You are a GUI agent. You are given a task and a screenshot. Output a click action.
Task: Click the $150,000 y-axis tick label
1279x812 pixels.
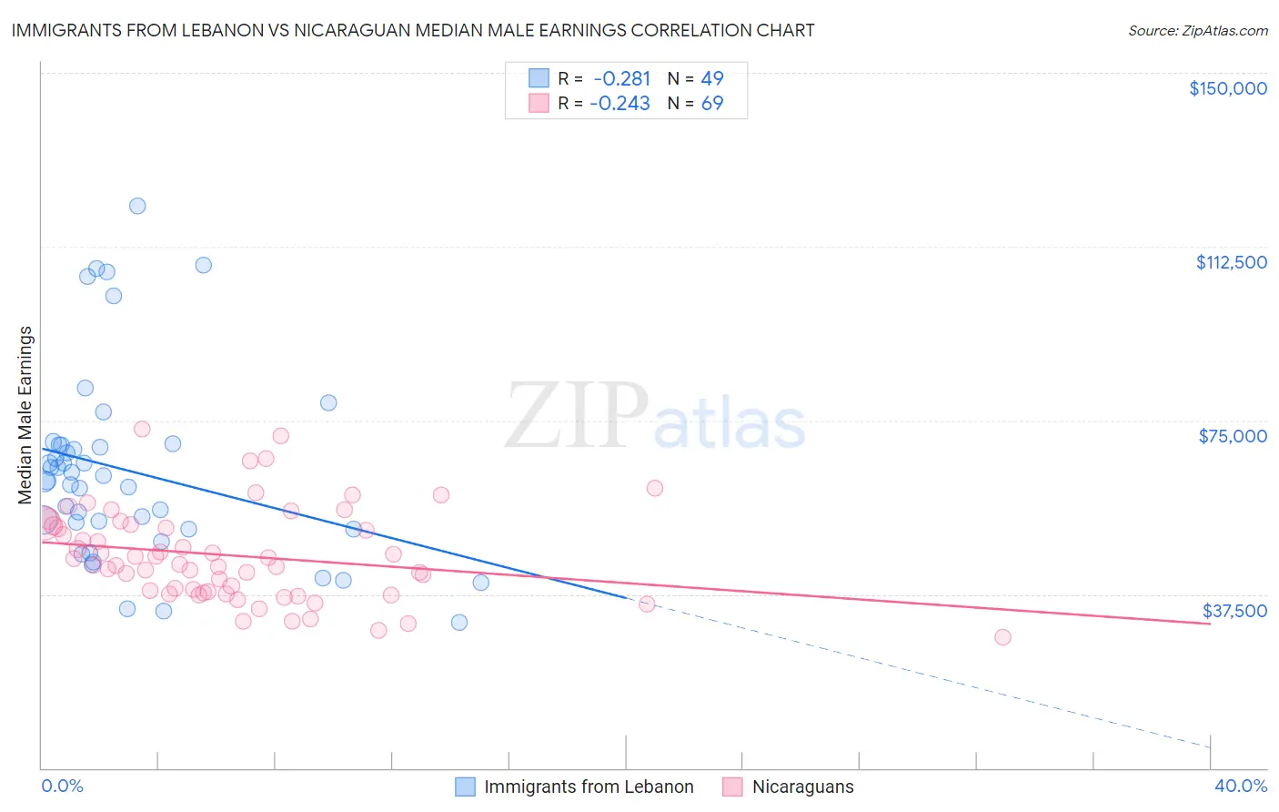tap(1227, 88)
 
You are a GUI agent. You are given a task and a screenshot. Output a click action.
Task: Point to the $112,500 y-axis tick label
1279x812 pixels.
tap(1231, 262)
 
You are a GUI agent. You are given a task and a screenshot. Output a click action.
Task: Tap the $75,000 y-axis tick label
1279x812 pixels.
tap(1233, 436)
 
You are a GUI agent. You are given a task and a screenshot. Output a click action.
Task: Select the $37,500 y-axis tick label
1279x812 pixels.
tap(1234, 611)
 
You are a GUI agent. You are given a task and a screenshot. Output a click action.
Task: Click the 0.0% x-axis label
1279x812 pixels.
tap(62, 787)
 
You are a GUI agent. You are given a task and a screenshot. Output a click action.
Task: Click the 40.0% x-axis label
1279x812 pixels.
tap(1240, 787)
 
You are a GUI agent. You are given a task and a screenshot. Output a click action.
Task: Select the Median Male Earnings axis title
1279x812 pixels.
tap(25, 415)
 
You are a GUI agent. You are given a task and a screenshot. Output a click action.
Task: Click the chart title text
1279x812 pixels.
tap(413, 30)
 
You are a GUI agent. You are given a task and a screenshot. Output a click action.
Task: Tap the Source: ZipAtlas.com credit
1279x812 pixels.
tap(1197, 30)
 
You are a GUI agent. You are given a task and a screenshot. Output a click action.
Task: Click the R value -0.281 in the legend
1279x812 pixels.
tap(620, 78)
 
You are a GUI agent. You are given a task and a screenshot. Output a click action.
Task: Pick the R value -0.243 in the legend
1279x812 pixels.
tap(620, 104)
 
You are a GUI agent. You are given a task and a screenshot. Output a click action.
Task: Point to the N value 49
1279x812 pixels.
tap(711, 78)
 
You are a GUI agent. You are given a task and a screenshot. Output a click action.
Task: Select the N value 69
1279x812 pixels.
tap(711, 104)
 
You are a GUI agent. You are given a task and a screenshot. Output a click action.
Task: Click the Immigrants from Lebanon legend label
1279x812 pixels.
tap(588, 787)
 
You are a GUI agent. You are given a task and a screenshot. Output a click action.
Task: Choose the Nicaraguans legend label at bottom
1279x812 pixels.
tap(802, 787)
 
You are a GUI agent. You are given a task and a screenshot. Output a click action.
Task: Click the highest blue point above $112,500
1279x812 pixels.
tap(137, 206)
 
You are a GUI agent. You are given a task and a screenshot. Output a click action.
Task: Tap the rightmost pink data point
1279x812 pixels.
tap(1002, 637)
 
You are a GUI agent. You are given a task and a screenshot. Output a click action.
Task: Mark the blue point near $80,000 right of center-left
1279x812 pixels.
tap(328, 402)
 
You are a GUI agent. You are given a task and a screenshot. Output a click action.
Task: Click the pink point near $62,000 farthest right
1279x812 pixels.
tap(655, 488)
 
